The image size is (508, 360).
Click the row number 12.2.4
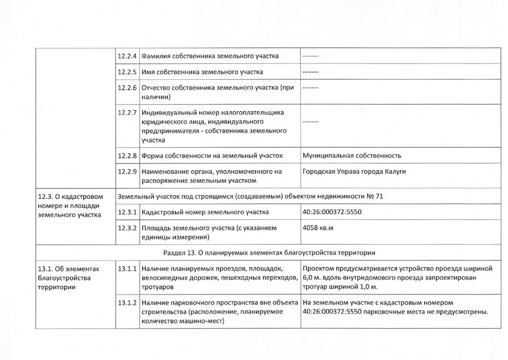pyautogui.click(x=128, y=55)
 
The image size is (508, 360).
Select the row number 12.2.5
pyautogui.click(x=128, y=72)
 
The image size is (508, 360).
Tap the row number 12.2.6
pyautogui.click(x=128, y=88)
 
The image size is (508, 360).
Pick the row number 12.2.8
pyautogui.click(x=128, y=155)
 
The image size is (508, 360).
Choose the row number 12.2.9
pyautogui.click(x=128, y=172)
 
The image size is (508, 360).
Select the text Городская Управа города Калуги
pyautogui.click(x=354, y=172)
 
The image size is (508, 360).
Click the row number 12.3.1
pyautogui.click(x=128, y=212)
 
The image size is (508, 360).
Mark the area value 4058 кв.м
pyautogui.click(x=317, y=228)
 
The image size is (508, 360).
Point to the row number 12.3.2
pyautogui.click(x=128, y=228)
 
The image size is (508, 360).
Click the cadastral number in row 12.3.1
pyautogui.click(x=333, y=212)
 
